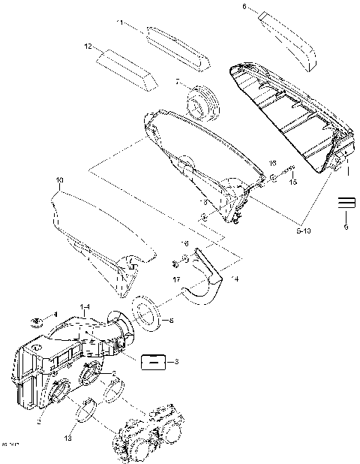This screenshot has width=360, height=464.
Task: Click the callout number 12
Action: coord(88,47)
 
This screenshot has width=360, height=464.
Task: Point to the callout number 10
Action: coord(60,180)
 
